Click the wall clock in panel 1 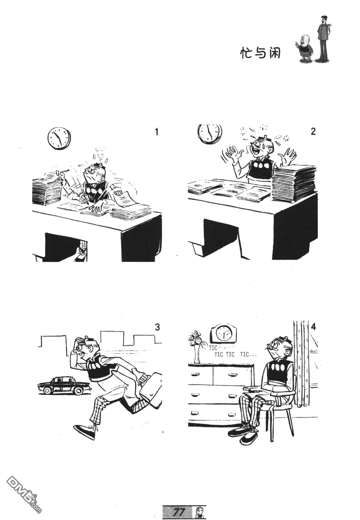[59, 138]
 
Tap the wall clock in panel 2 [209, 133]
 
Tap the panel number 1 [156, 132]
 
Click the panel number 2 [313, 131]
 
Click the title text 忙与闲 [260, 53]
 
